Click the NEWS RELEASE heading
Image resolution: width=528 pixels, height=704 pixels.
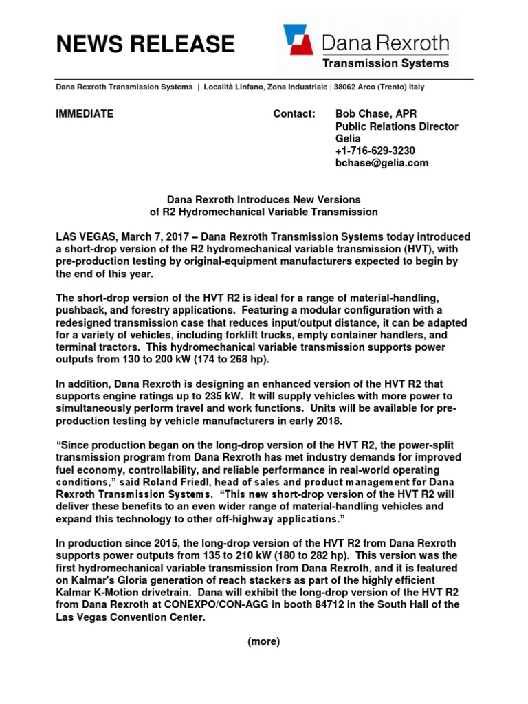[x=144, y=44]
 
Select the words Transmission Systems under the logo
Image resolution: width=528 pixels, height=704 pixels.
[x=387, y=63]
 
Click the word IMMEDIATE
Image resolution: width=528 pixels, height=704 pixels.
[x=85, y=114]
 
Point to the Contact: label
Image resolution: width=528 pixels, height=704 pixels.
[x=294, y=114]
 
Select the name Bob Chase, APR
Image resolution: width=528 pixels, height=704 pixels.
[x=375, y=114]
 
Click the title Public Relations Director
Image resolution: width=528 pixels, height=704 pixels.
[x=396, y=126]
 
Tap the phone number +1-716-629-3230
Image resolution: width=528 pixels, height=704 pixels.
[x=375, y=151]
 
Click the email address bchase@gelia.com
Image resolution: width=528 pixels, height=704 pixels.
[x=382, y=163]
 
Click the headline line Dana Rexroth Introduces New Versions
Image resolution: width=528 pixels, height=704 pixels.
[x=264, y=199]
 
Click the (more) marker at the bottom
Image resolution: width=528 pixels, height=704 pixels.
[x=263, y=641]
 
